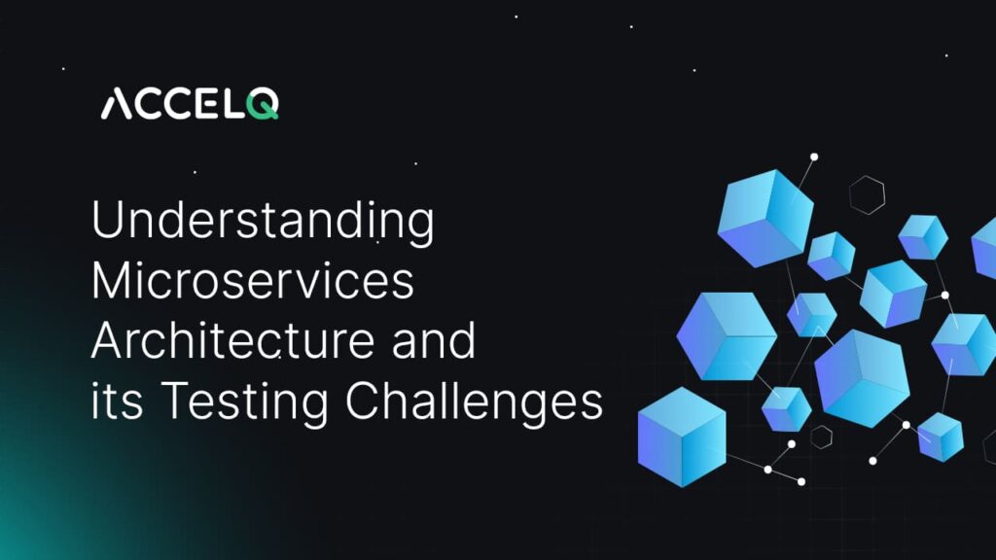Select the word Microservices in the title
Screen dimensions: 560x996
coord(253,283)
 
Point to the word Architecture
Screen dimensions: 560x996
coord(237,342)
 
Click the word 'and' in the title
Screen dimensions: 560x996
coord(437,342)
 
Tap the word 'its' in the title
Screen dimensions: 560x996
coord(116,402)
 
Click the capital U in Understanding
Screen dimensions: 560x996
coord(106,224)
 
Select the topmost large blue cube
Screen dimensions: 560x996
coord(765,217)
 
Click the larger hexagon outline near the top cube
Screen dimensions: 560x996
coord(866,194)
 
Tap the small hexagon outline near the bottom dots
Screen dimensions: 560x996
coord(822,437)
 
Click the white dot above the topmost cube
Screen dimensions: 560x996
coord(814,157)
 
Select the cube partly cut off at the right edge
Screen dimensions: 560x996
coord(984,249)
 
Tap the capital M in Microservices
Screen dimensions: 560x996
coord(112,283)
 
